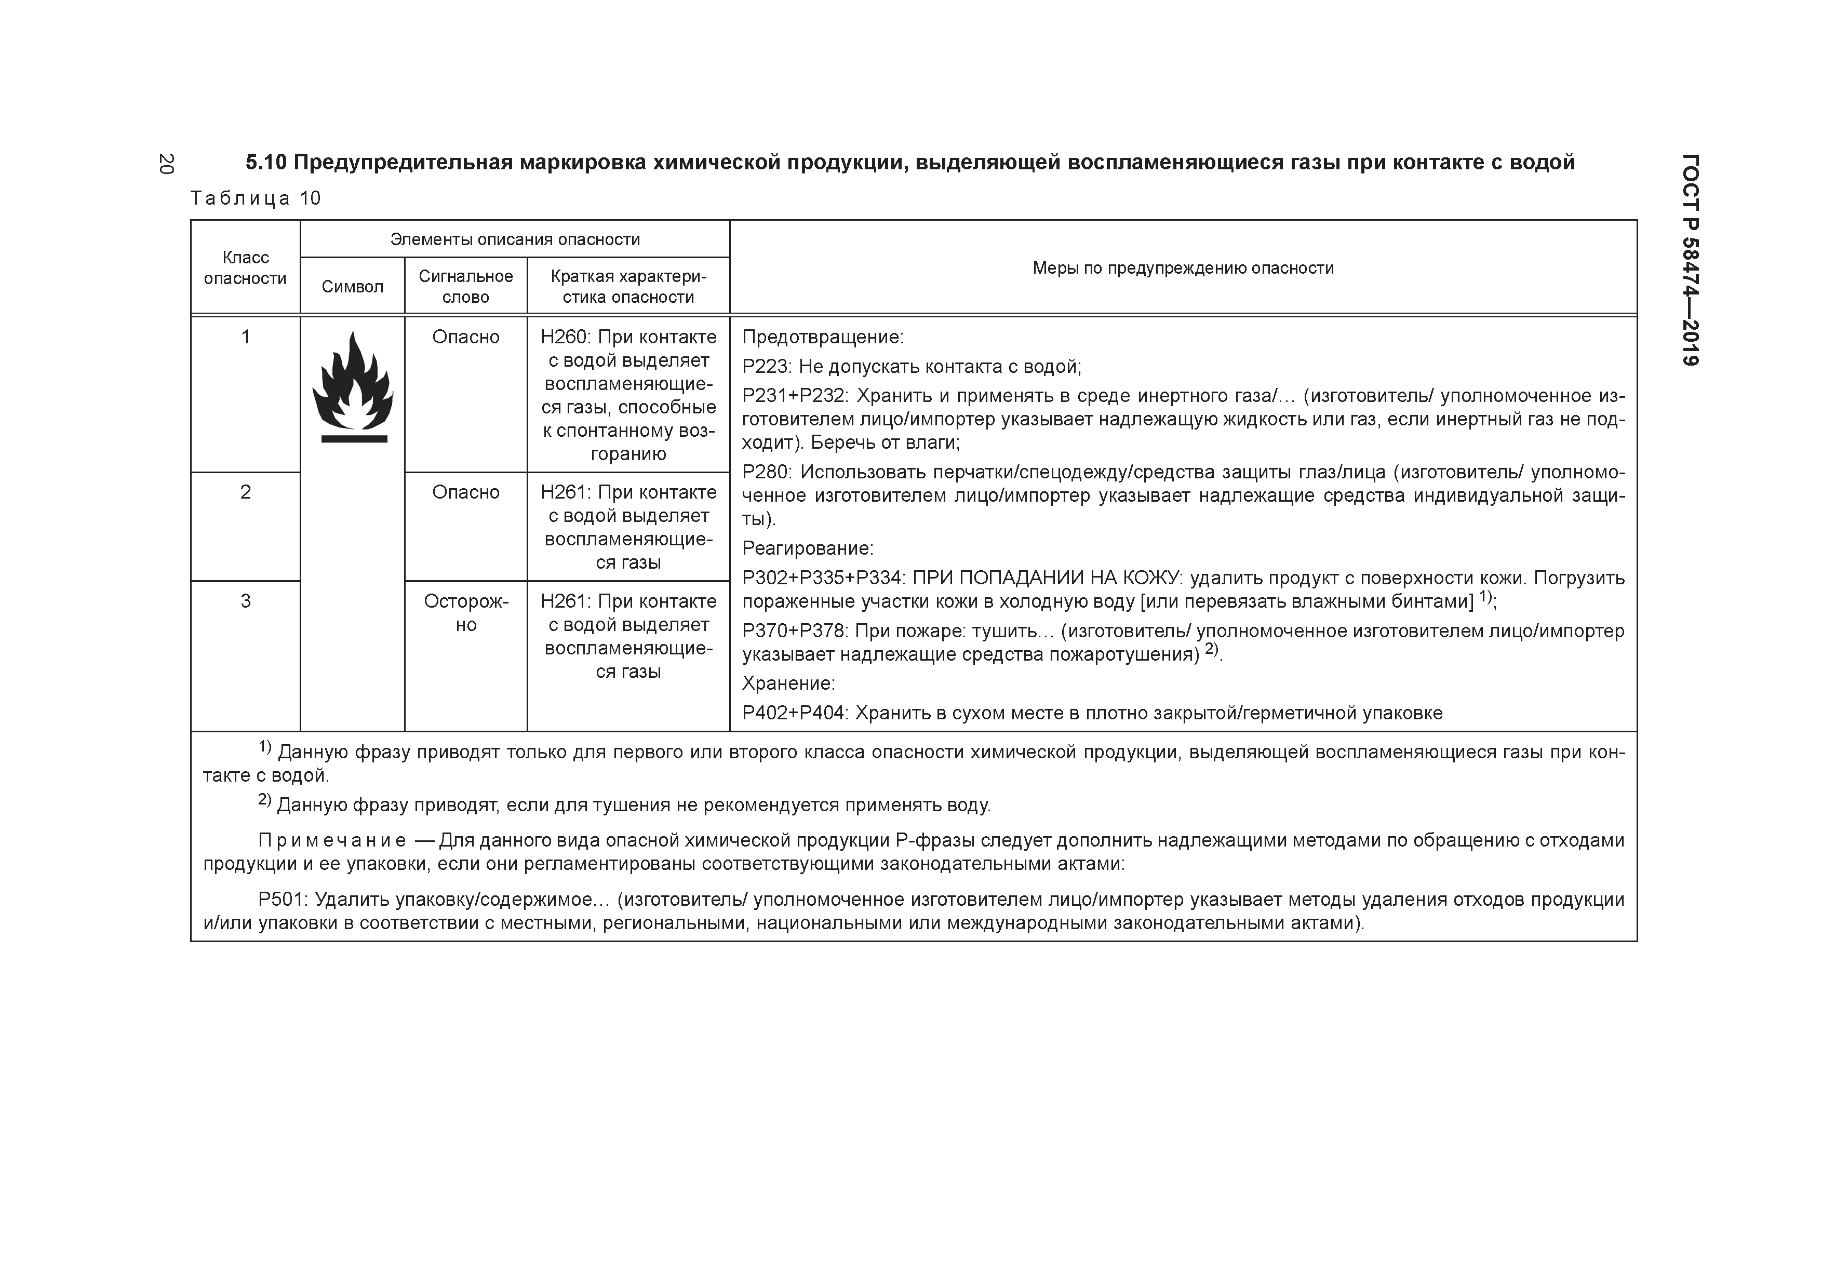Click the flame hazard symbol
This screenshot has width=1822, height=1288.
tap(352, 387)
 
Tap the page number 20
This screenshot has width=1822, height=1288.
tap(166, 164)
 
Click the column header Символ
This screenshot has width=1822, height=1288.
tap(352, 287)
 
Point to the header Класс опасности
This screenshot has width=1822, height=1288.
tap(245, 267)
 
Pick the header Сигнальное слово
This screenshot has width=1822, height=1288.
tap(466, 287)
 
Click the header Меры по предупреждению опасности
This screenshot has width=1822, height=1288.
tap(1183, 268)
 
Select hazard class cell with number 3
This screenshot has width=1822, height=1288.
tap(245, 601)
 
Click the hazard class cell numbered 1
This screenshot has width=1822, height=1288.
tap(245, 337)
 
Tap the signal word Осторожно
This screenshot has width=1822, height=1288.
tap(466, 613)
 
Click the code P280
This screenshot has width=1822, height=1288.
tap(767, 472)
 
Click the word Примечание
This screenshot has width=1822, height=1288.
tap(332, 840)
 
